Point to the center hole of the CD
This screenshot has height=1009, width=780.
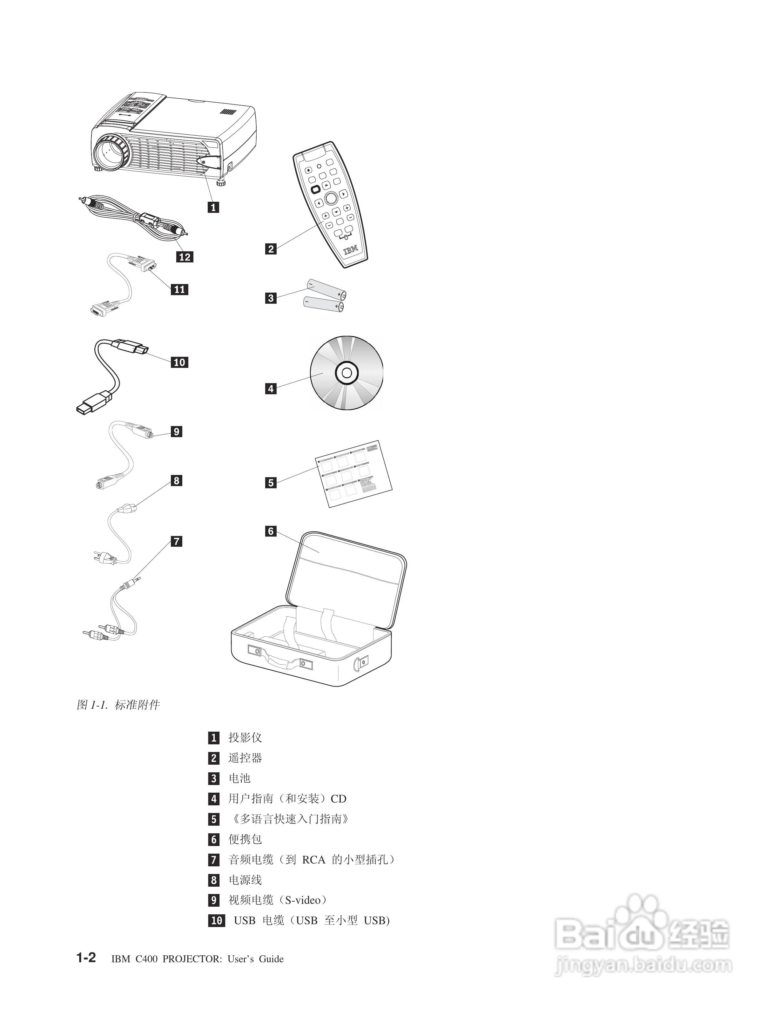coord(347,373)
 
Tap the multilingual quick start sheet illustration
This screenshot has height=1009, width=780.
coord(353,474)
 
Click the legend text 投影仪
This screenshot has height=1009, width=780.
coord(245,737)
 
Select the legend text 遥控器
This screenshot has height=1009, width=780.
coord(245,758)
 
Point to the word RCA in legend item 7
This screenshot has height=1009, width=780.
coord(313,859)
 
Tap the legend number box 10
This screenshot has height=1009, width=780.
coord(216,920)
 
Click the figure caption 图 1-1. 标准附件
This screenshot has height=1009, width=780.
coord(118,705)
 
